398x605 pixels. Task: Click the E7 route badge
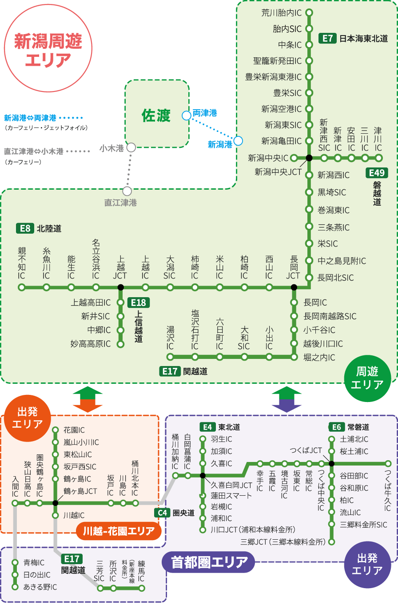[327, 39]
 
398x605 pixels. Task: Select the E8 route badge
[25, 228]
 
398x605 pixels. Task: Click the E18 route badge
[138, 303]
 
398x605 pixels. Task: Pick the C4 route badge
[162, 513]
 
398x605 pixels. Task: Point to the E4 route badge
[207, 427]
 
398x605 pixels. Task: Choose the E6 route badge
[336, 427]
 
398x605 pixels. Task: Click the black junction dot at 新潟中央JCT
[309, 158]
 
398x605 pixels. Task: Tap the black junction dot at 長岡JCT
[294, 287]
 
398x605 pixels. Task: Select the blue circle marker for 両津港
[187, 115]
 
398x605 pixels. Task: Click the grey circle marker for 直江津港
[127, 191]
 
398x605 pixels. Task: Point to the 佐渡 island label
[156, 115]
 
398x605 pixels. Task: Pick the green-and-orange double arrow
[88, 399]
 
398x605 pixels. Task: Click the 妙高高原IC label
[91, 344]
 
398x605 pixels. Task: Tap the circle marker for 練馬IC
[142, 588]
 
